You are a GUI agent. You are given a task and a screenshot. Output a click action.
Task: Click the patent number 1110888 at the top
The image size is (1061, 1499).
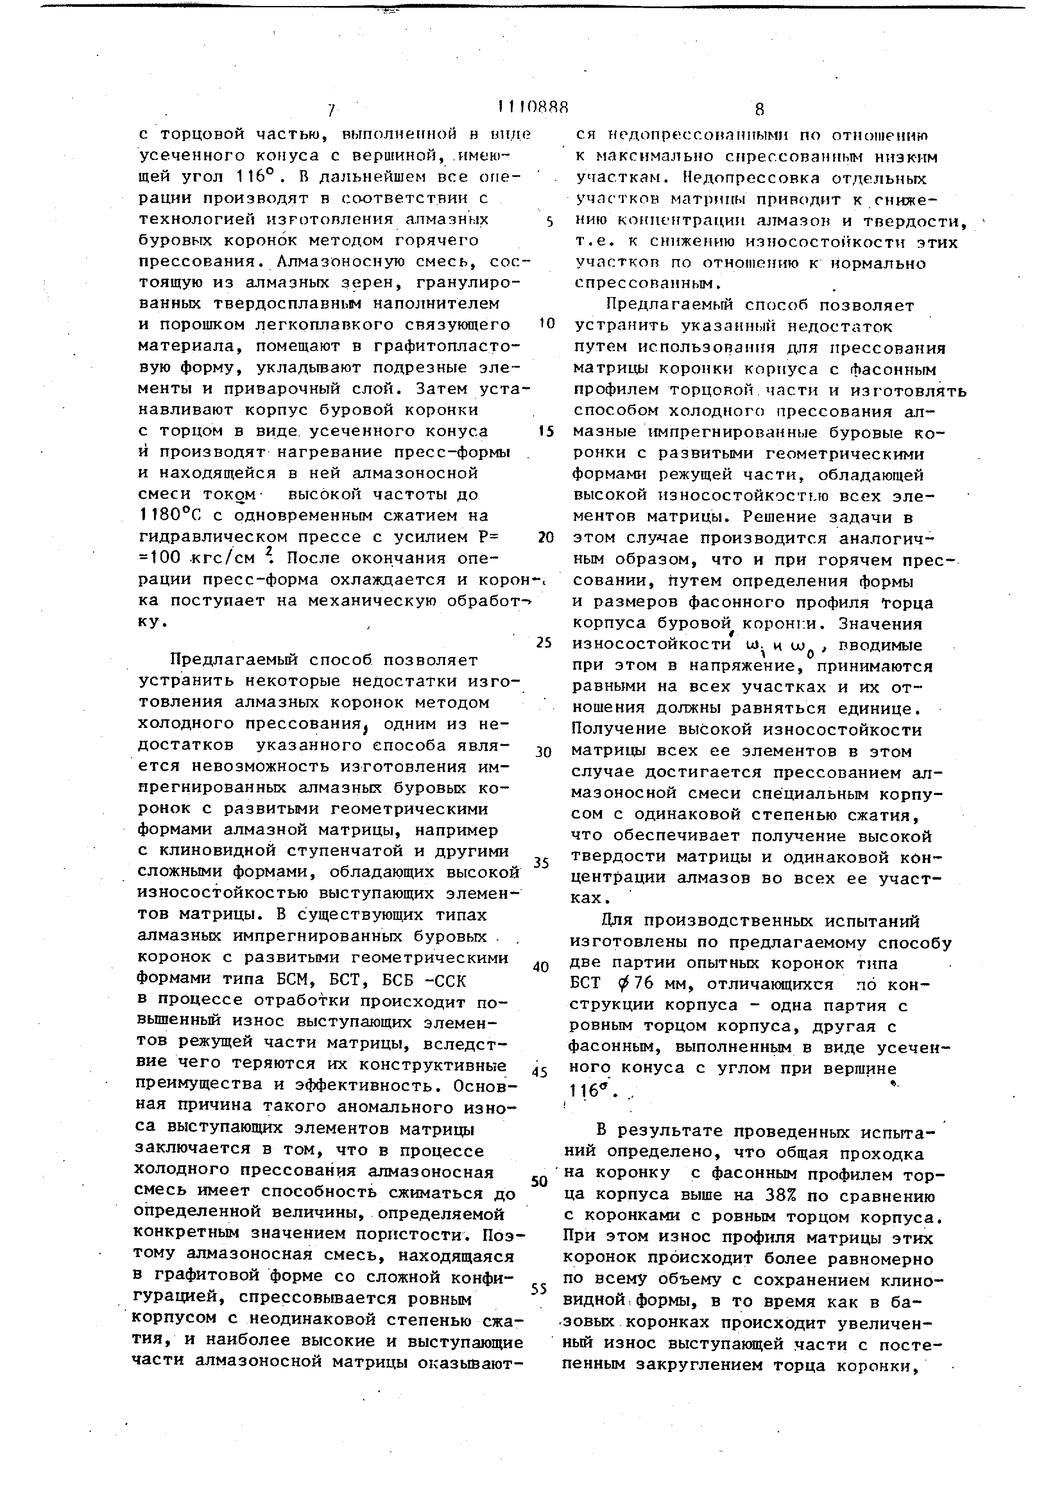[533, 106]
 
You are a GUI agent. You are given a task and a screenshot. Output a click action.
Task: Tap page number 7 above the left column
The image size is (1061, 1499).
[331, 110]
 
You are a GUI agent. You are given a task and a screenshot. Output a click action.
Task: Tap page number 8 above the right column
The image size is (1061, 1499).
[759, 109]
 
